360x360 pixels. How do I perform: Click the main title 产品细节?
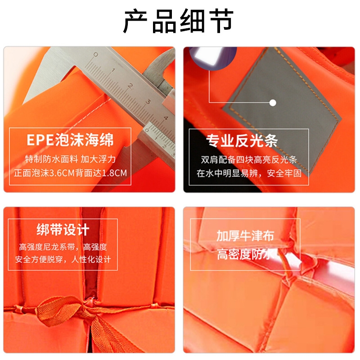click(178, 21)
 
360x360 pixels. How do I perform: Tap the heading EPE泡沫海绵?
click(70, 140)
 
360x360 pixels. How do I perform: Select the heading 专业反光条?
click(242, 140)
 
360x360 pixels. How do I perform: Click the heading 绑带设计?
click(63, 229)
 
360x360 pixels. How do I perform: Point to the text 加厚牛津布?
click(245, 236)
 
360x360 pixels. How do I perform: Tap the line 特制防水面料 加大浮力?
click(70, 159)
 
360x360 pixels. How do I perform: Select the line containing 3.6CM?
click(70, 173)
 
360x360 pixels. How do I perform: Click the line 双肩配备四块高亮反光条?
click(249, 160)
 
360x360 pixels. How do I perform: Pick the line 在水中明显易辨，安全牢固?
click(249, 173)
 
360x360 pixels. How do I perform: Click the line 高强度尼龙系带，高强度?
click(63, 247)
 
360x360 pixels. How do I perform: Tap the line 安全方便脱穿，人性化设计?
click(63, 260)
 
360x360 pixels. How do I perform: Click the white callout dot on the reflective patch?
click(273, 103)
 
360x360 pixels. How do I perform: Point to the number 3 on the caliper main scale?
click(148, 102)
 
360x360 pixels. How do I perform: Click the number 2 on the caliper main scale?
click(130, 86)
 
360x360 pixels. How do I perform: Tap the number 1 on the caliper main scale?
click(113, 70)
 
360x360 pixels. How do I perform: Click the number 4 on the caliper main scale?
click(166, 118)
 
